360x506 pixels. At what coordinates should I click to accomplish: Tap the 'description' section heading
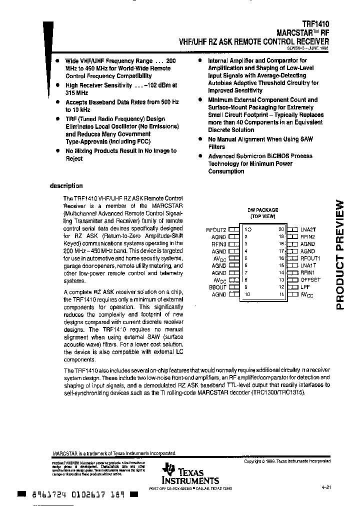pyautogui.click(x=66, y=186)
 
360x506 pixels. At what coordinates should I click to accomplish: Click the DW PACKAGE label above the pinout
pyautogui.click(x=262, y=210)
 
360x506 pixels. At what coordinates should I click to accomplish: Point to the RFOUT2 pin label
pyautogui.click(x=216, y=229)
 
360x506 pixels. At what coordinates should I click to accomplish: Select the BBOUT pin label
pyautogui.click(x=217, y=287)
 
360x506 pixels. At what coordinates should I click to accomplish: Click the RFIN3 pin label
pyautogui.click(x=218, y=244)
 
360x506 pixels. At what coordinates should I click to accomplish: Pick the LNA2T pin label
pyautogui.click(x=308, y=229)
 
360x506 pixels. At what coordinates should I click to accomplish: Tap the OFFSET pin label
pyautogui.click(x=310, y=280)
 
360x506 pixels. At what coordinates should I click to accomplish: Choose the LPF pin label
pyautogui.click(x=305, y=287)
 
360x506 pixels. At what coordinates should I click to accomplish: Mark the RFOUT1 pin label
pyautogui.click(x=310, y=258)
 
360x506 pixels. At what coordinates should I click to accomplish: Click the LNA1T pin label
pyautogui.click(x=308, y=265)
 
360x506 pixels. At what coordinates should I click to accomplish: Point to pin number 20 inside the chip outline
pyautogui.click(x=281, y=229)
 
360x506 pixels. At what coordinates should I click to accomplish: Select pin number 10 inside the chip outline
pyautogui.click(x=247, y=295)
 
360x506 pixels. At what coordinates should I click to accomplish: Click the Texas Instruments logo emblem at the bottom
pyautogui.click(x=169, y=468)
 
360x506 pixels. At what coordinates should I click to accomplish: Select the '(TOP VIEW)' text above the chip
pyautogui.click(x=262, y=216)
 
